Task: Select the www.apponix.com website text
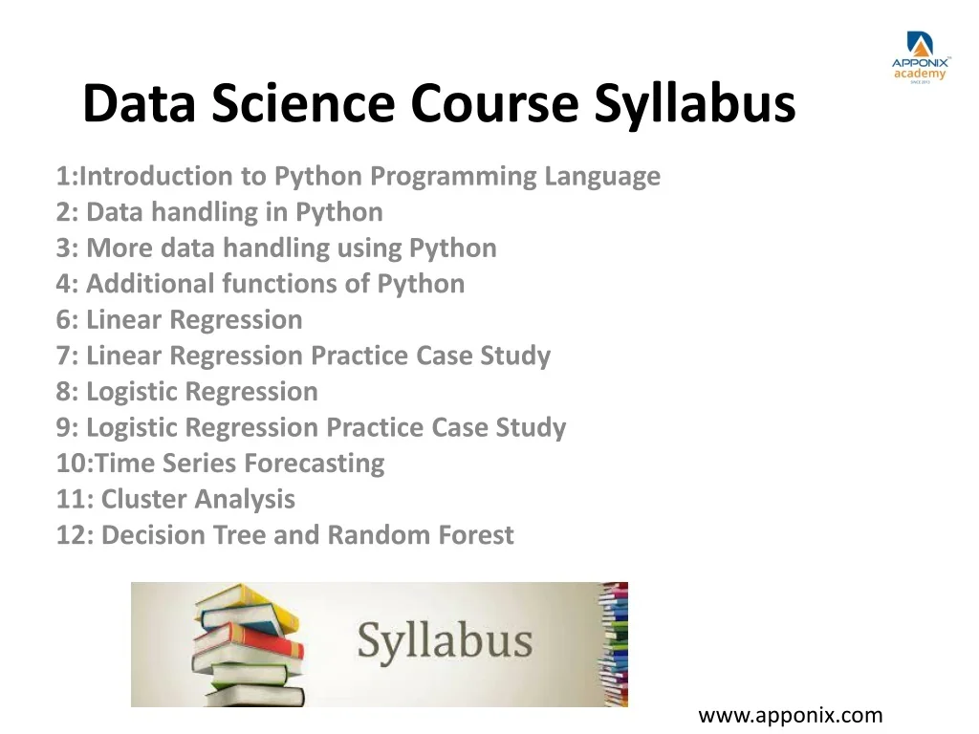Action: [x=791, y=715]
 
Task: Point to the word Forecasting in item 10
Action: [x=314, y=464]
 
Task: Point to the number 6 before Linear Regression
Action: [x=63, y=320]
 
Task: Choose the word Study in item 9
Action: [x=531, y=427]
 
